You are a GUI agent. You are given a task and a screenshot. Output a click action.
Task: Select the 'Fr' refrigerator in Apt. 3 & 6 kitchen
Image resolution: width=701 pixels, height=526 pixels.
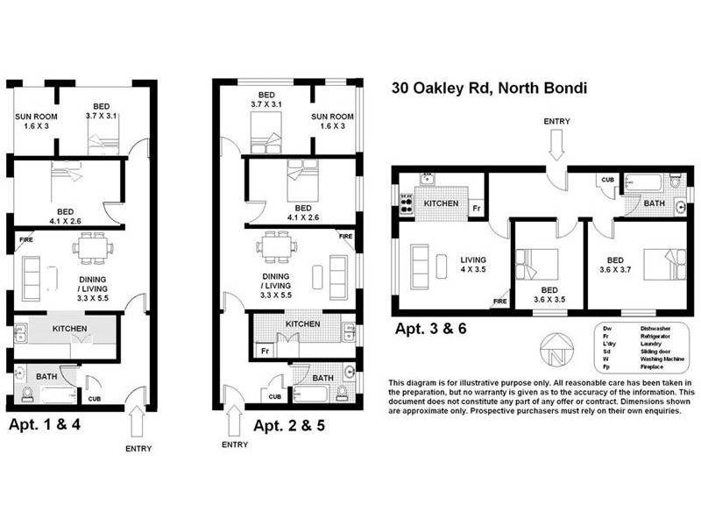point(476,209)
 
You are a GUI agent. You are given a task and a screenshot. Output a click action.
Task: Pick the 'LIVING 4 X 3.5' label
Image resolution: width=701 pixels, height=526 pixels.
point(473,266)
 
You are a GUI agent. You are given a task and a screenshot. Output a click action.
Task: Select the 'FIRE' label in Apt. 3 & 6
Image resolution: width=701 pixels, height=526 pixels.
point(500,302)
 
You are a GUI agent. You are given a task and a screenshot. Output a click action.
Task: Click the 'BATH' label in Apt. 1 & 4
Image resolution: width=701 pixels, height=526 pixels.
point(46,376)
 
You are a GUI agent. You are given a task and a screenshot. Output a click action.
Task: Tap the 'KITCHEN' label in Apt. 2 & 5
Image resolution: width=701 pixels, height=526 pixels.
point(302,324)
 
